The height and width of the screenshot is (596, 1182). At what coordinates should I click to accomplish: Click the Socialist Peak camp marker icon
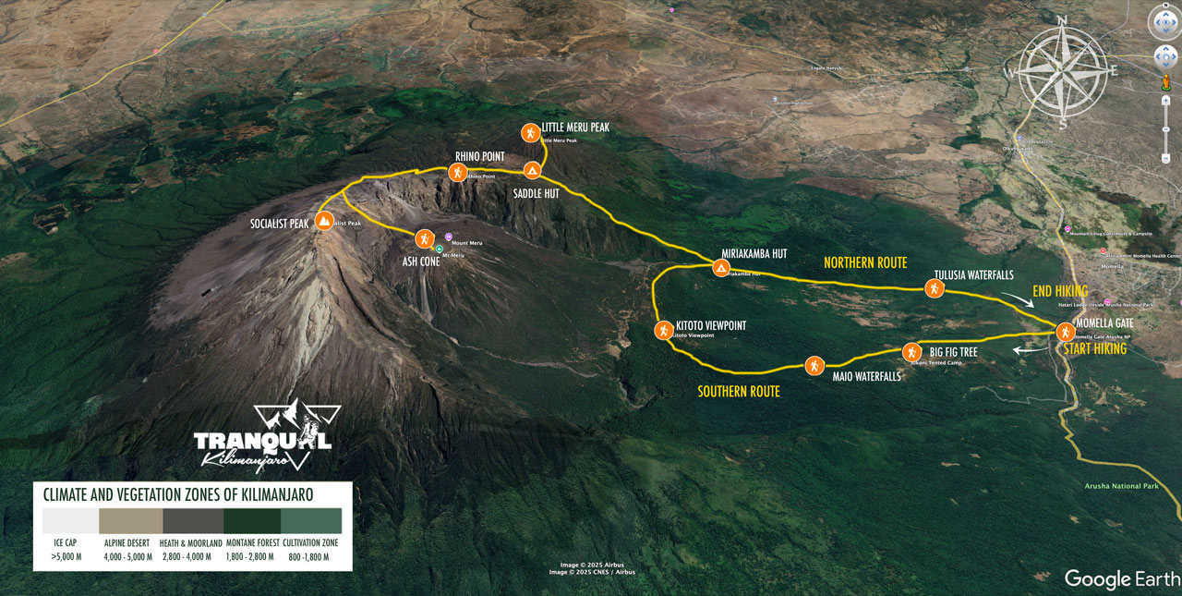324,221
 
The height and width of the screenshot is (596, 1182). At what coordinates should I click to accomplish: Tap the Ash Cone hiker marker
424,238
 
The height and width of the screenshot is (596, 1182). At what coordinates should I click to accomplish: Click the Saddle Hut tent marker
532,170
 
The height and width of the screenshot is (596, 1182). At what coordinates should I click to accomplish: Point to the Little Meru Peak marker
530,133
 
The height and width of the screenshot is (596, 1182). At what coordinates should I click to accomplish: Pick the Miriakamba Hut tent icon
721,268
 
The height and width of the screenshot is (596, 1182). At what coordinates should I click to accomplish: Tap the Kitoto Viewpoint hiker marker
664,330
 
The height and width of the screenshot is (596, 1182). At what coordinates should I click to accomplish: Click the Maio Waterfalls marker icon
814,365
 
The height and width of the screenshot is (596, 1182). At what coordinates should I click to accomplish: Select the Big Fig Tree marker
911,352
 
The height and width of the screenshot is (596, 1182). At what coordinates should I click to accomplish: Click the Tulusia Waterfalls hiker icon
935,288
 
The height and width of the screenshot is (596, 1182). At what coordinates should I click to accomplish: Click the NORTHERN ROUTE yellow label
865,262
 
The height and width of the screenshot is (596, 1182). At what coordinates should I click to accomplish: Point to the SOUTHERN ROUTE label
738,391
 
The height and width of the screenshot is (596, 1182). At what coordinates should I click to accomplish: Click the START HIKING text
1094,349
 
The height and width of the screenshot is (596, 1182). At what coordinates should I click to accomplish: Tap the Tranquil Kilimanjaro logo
263,438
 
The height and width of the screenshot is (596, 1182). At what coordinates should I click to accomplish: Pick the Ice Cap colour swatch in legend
66,520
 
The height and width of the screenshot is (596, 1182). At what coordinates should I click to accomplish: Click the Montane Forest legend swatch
252,520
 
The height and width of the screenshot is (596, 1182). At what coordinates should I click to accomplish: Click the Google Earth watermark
1122,578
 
